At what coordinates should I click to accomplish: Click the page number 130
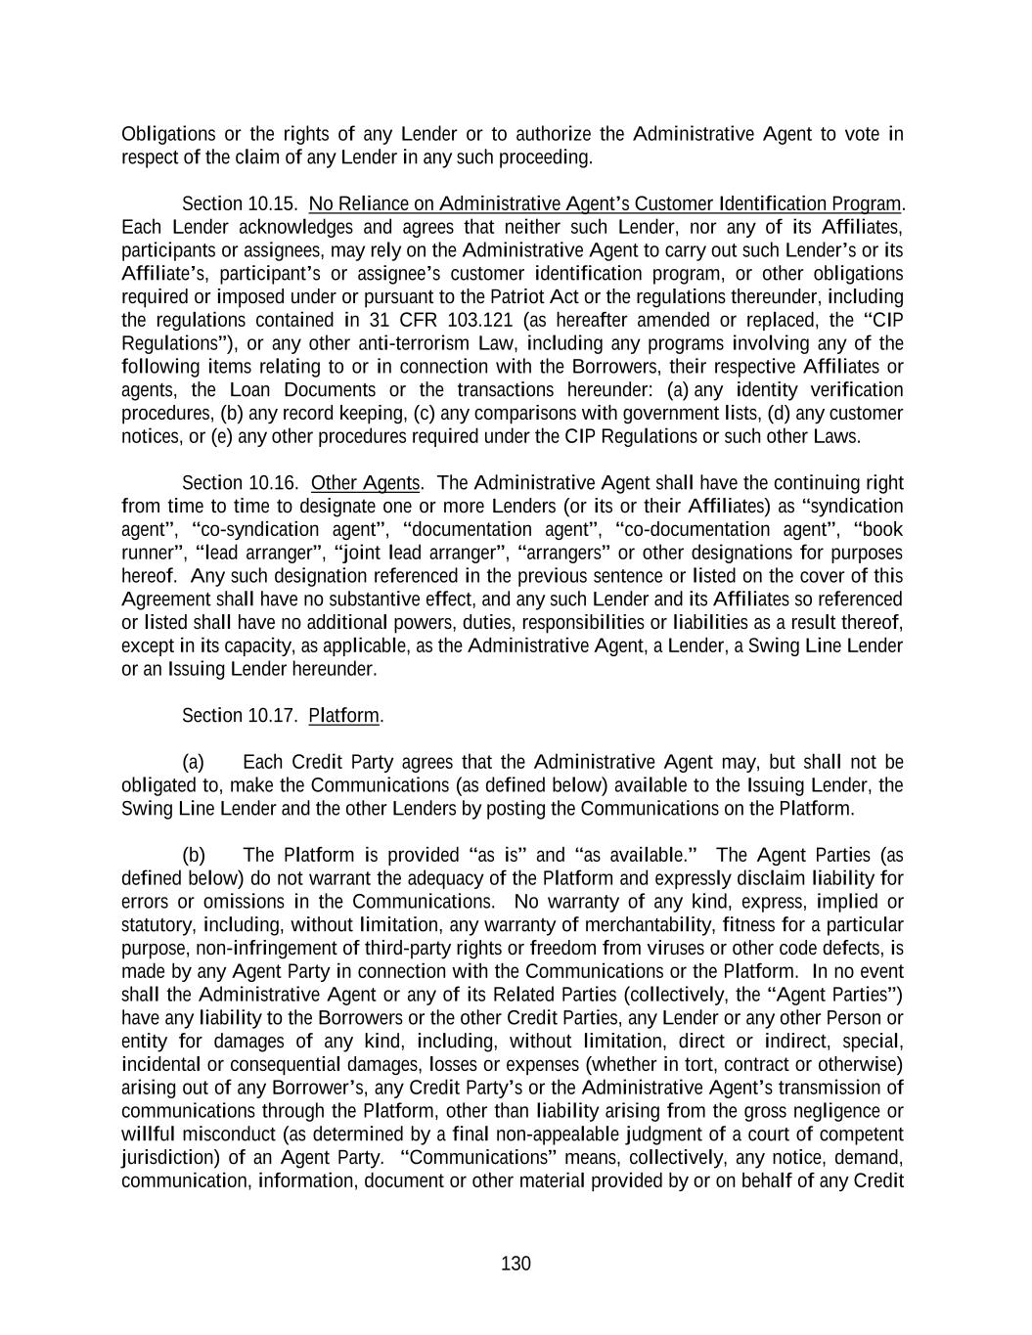point(516,1264)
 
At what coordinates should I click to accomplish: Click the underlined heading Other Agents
point(366,483)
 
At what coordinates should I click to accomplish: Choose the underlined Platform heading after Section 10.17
point(343,716)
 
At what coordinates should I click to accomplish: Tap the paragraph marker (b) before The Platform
point(194,855)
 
